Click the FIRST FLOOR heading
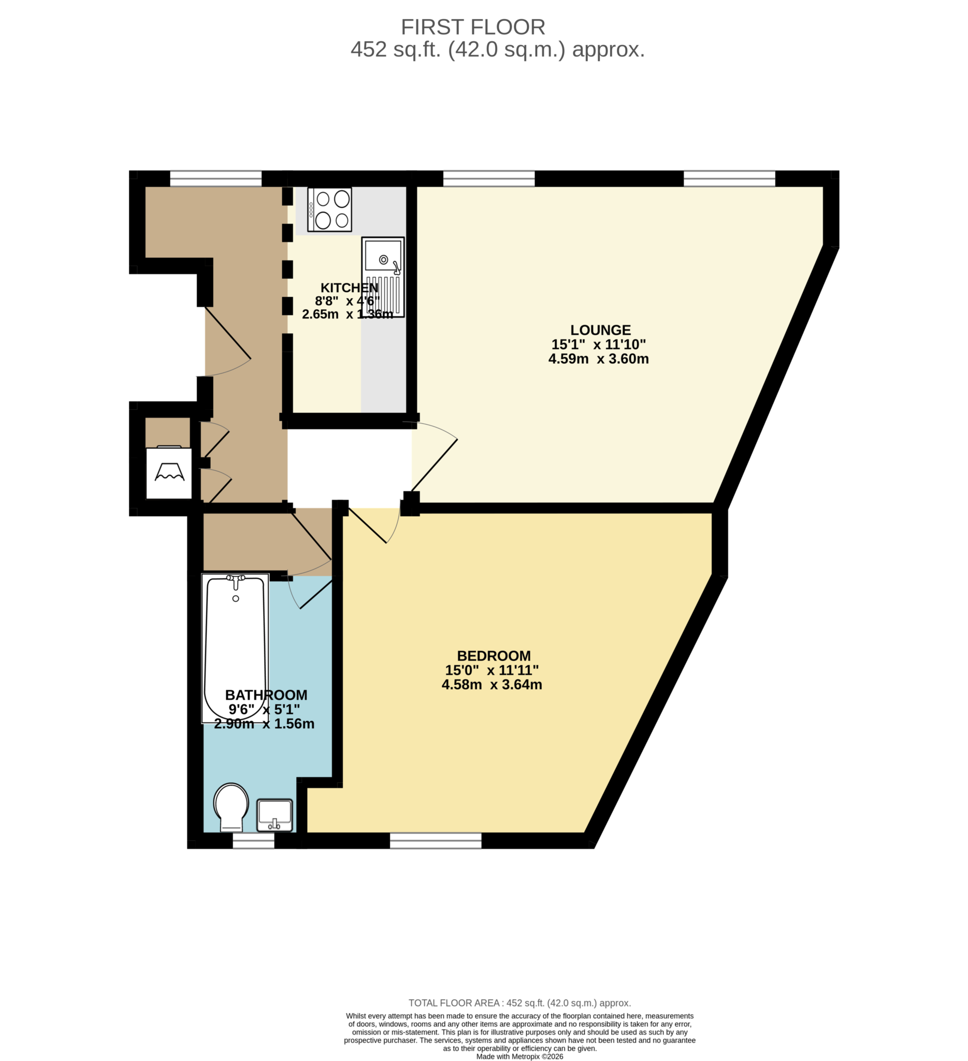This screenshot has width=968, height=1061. pos(472,27)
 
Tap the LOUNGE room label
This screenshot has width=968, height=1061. pos(600,330)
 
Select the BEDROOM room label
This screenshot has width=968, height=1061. pos(494,656)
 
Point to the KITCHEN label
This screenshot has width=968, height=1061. pos(349,288)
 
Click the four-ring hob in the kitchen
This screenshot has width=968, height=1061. pos(330,209)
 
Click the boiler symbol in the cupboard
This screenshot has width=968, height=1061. pos(169,472)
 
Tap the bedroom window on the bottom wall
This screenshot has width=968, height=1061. pos(436,840)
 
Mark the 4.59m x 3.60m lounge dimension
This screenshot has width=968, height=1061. pos(598,359)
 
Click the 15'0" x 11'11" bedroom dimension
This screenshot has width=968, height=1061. pos(492,670)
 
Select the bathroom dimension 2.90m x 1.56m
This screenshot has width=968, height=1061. pos(264,724)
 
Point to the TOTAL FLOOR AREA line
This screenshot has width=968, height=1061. pos(519,1003)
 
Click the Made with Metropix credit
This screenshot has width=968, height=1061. pos(519,1056)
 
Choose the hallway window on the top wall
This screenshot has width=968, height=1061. pos(215,178)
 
